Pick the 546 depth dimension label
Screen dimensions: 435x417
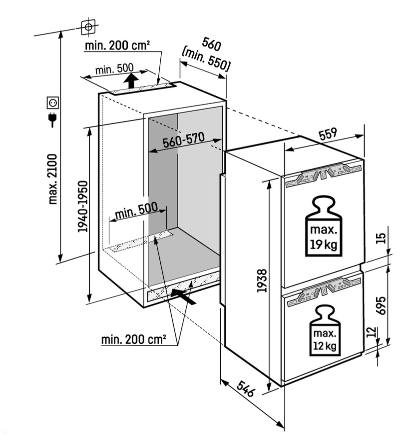(x=246, y=388)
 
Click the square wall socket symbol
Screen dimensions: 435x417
(x=52, y=103)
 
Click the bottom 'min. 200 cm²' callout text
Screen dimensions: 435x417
(x=133, y=340)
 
